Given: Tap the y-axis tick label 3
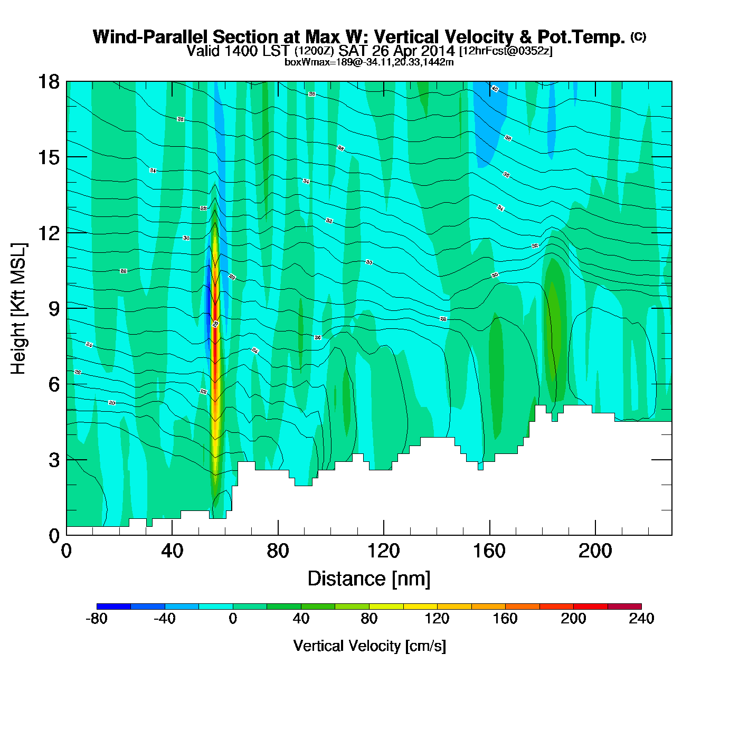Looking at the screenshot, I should click(x=54, y=460).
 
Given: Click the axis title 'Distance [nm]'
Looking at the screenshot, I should click(x=369, y=579).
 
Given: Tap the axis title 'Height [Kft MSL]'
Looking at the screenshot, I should click(x=18, y=309).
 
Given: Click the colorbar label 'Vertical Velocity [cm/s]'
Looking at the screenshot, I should click(x=369, y=646).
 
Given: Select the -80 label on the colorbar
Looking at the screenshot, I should click(x=97, y=619).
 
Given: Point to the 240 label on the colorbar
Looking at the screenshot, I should click(x=641, y=619).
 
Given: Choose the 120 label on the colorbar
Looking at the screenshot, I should click(x=437, y=619).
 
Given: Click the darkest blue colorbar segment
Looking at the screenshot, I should click(x=113, y=606).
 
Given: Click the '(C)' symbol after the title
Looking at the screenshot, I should click(x=638, y=36).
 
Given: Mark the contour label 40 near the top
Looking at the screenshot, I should click(x=495, y=89).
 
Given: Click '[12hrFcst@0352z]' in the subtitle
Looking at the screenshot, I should click(x=506, y=51).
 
